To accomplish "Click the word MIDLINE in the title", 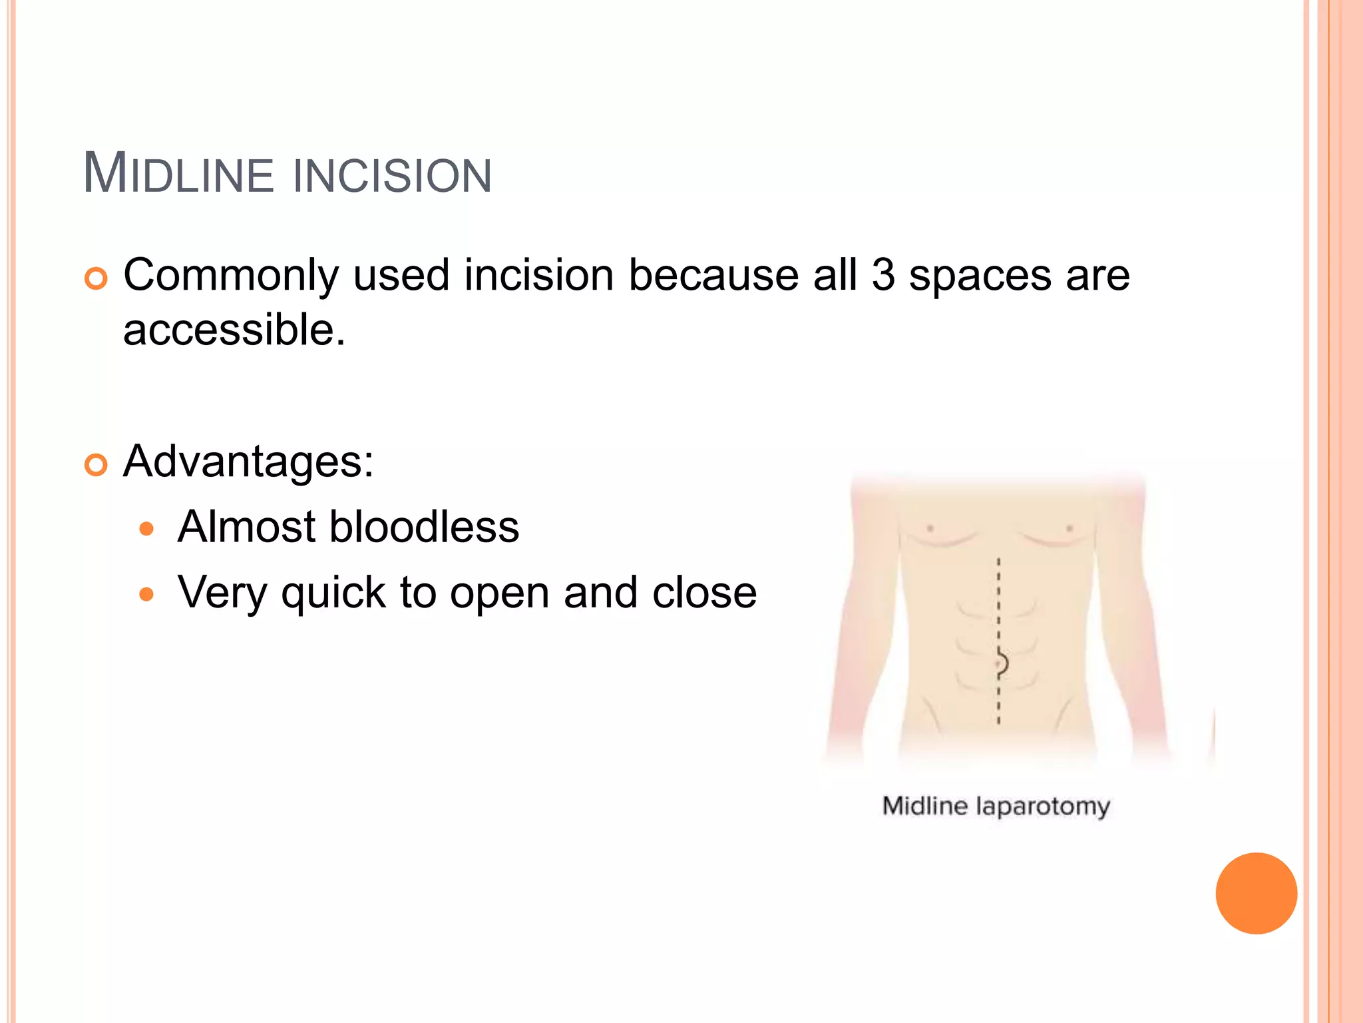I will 178,174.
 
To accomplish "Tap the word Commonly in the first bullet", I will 231,276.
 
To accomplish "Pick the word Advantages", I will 248,462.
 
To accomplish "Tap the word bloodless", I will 424,527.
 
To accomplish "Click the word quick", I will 333,593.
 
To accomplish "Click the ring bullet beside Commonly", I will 97,278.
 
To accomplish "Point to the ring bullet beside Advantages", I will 97,465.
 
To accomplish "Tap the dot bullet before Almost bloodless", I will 146,529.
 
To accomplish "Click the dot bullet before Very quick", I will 146,593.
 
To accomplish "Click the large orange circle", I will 1256,893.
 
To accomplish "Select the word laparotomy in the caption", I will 1042,807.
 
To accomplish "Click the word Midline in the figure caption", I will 924,806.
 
